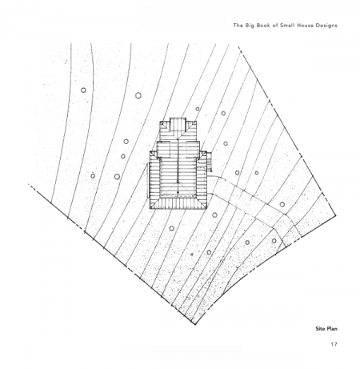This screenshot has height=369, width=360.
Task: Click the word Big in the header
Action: [x=248, y=26]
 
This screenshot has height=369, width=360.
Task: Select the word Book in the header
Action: [x=262, y=26]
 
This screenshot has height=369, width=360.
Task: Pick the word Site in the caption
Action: [x=320, y=328]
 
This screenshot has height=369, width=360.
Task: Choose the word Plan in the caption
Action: [x=331, y=328]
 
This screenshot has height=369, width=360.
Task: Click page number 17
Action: [x=334, y=344]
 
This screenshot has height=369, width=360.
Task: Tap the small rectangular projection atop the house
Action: [x=178, y=124]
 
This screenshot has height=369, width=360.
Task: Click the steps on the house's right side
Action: [x=210, y=162]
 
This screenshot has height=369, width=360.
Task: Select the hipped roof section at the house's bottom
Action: [x=178, y=203]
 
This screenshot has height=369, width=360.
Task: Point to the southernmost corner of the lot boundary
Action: [x=195, y=324]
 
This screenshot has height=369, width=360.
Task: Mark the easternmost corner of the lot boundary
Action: [x=335, y=215]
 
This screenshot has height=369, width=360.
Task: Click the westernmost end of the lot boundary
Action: [x=29, y=184]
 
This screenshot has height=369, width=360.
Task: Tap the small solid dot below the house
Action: [x=191, y=255]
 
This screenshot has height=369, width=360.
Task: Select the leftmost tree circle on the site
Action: [x=83, y=90]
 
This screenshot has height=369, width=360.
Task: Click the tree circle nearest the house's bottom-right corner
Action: [x=214, y=215]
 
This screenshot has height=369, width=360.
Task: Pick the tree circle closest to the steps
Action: [x=226, y=143]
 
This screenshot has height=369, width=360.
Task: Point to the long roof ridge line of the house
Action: [x=178, y=161]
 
